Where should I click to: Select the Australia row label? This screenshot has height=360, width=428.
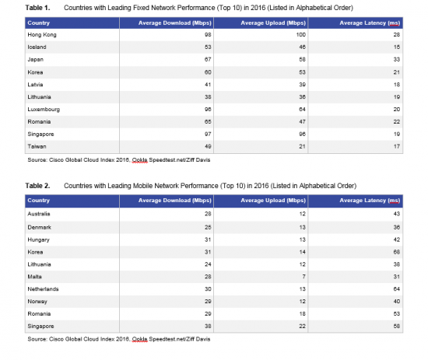click(41, 214)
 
